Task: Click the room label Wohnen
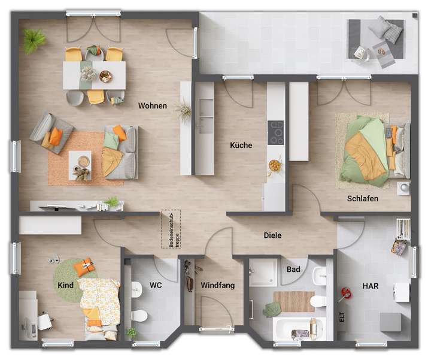pyautogui.click(x=152, y=106)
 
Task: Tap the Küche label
pyautogui.click(x=241, y=145)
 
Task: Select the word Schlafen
pyautogui.click(x=362, y=198)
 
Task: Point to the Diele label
pyautogui.click(x=272, y=235)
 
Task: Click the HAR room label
pyautogui.click(x=371, y=286)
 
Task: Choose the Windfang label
pyautogui.click(x=217, y=286)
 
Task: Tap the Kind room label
pyautogui.click(x=65, y=285)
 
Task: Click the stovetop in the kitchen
pyautogui.click(x=276, y=132)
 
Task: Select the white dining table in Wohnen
pyautogui.click(x=95, y=75)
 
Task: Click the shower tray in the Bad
pyautogui.click(x=263, y=273)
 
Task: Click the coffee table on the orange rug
pyautogui.click(x=79, y=162)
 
